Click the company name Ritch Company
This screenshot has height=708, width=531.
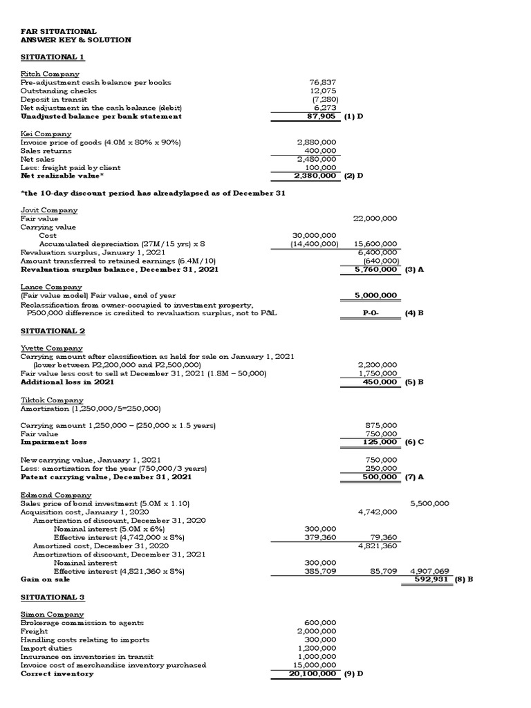50,74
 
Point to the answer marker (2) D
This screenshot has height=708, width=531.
353,176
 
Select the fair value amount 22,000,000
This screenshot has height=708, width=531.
375,218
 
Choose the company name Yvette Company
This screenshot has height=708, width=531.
52,348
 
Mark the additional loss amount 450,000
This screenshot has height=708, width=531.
380,382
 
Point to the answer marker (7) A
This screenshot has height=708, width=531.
413,476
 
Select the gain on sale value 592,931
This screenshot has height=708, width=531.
429,579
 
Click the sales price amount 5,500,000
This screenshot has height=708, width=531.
429,503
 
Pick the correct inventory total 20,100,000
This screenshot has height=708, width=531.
313,673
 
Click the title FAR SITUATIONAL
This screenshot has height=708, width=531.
59,31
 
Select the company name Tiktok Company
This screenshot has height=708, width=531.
52,400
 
